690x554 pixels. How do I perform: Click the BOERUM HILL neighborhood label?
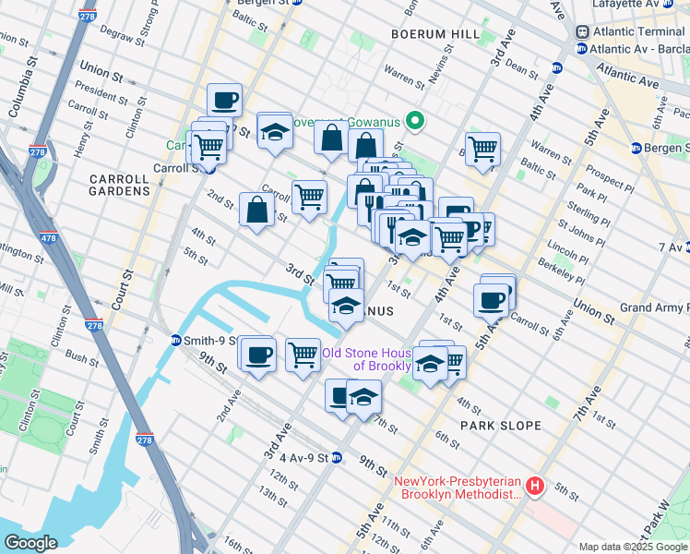click(435, 34)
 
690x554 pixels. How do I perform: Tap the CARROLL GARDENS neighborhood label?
click(119, 184)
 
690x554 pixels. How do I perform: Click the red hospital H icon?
click(535, 485)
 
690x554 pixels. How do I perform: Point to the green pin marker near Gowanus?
click(416, 120)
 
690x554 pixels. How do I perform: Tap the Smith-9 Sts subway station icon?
click(175, 341)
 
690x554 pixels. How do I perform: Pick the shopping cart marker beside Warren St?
click(482, 148)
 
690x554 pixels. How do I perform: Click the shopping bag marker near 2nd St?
click(256, 209)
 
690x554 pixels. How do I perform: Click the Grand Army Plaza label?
click(654, 307)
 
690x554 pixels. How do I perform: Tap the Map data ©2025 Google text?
click(632, 547)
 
